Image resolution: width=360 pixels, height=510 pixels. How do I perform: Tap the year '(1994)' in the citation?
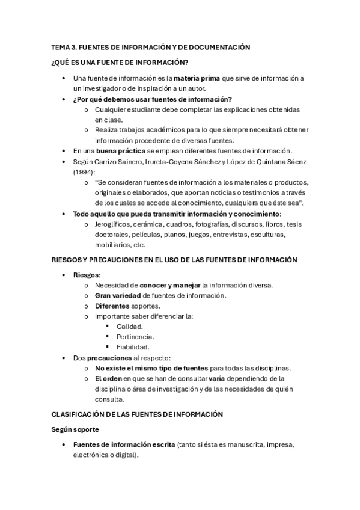[84, 171]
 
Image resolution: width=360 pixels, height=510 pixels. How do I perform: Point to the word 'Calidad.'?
[130, 326]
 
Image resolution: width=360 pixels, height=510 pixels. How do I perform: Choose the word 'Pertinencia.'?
[135, 336]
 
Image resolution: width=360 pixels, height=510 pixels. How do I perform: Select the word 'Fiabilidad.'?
[133, 347]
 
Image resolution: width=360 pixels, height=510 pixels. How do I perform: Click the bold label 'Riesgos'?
[87, 274]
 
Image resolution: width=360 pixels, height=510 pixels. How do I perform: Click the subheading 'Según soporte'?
[75, 430]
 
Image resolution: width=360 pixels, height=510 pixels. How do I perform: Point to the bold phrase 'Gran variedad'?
[118, 295]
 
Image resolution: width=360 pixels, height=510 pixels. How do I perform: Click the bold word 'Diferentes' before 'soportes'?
[112, 306]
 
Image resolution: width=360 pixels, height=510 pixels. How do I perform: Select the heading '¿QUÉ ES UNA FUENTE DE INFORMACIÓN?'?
[120, 63]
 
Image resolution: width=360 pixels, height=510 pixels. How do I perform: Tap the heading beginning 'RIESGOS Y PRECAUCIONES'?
[174, 260]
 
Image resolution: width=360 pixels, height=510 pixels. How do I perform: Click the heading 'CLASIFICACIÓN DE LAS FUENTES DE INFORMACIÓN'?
[137, 414]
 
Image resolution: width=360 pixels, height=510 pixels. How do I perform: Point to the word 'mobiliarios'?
[113, 245]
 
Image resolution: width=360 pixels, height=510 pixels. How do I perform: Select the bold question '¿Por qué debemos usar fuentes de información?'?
[153, 99]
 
